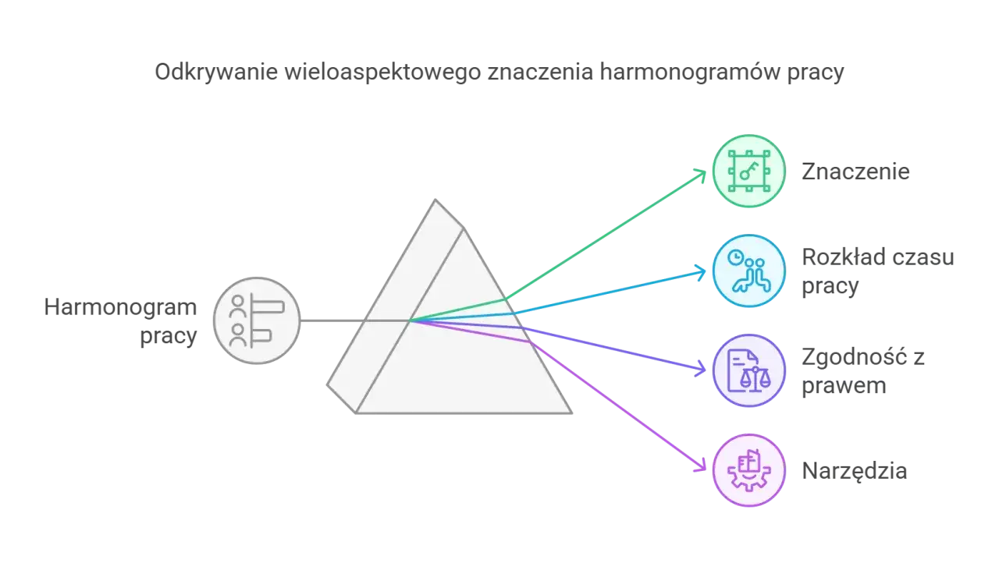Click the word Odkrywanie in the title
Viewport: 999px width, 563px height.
[x=216, y=73]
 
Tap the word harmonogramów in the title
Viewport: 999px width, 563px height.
[x=690, y=73]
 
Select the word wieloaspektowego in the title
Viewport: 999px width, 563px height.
[x=383, y=73]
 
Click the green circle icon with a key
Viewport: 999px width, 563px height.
[x=748, y=171]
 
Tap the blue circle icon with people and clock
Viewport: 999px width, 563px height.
[x=748, y=271]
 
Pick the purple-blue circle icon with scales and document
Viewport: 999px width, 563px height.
[x=748, y=370]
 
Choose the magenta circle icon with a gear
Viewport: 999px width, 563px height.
[x=748, y=470]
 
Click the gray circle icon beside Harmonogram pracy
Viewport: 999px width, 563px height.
[x=257, y=320]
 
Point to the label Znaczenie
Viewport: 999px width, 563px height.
[x=855, y=172]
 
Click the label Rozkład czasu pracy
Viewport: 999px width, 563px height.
[x=878, y=271]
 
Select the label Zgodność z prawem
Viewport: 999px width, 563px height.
[x=863, y=371]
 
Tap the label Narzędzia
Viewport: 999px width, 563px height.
[x=855, y=471]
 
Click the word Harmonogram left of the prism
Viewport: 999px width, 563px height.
[x=120, y=307]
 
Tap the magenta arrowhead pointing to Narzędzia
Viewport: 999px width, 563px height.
[x=701, y=466]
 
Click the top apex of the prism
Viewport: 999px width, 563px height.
[x=436, y=200]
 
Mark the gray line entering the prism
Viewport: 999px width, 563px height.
[x=355, y=320]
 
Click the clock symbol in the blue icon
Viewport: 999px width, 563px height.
[x=735, y=257]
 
